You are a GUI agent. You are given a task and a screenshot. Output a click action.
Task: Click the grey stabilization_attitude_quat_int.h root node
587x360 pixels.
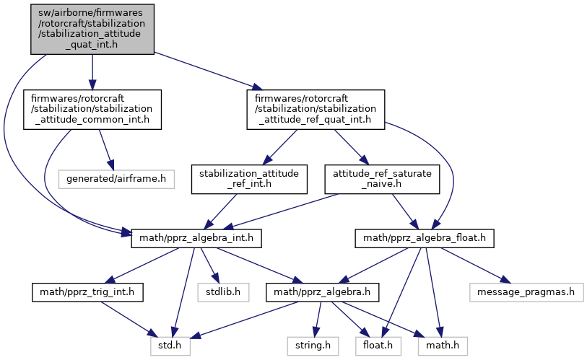point(92,27)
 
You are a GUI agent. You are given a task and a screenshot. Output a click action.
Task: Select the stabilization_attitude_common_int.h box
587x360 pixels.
point(92,109)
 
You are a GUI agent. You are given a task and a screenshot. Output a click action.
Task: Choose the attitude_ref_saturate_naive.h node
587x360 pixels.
point(381,179)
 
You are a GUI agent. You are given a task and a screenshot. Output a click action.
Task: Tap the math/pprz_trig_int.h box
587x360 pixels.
point(88,292)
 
